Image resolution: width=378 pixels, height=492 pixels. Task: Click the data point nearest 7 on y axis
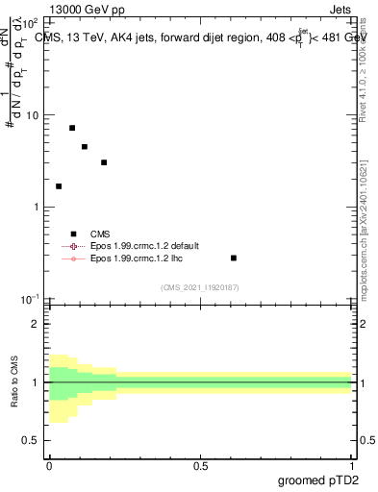coord(72,128)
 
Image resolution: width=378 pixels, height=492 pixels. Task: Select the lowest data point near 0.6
coord(234,258)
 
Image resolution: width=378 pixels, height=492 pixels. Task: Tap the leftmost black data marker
coord(59,186)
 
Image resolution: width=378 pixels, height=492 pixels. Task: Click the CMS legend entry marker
coord(73,234)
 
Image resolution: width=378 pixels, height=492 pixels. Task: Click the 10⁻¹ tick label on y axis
coord(29,300)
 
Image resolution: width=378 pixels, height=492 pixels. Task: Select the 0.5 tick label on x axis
coord(200,466)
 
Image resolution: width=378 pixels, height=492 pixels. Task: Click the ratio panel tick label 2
coord(36,324)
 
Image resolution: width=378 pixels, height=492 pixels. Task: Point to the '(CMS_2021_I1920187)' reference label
coord(200,287)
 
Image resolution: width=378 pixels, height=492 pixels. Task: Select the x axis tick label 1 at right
coord(351,466)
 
